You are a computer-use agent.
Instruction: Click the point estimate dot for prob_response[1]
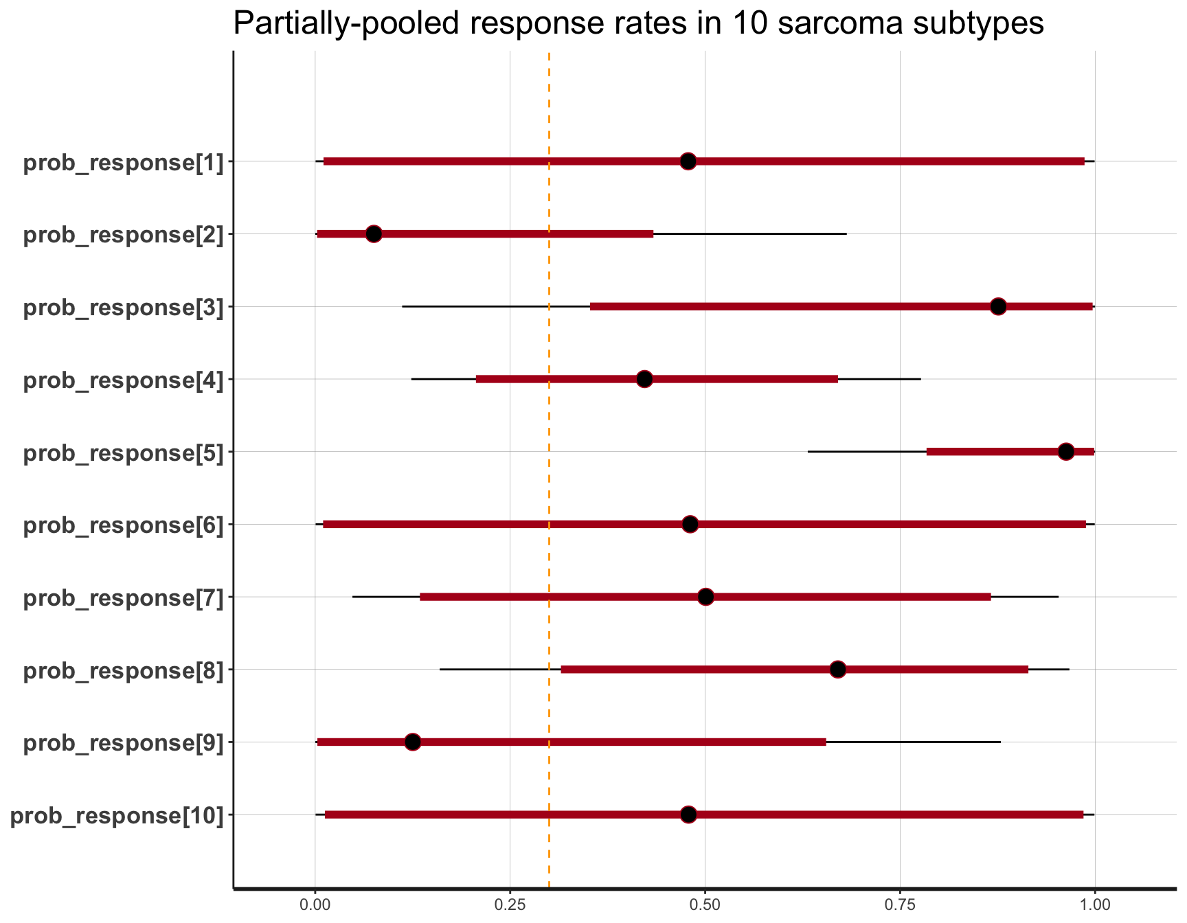(688, 161)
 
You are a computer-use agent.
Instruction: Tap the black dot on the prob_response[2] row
(374, 234)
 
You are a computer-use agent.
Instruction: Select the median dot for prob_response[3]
(998, 306)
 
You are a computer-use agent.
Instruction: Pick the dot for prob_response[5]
(1066, 452)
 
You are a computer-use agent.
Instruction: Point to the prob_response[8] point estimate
(837, 670)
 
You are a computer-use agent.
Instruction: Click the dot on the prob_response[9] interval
(412, 742)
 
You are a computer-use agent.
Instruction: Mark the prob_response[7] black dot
(705, 597)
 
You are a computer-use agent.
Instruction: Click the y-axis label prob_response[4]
(124, 380)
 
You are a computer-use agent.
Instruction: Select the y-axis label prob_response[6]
(124, 525)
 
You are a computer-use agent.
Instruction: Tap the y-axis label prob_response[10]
(117, 816)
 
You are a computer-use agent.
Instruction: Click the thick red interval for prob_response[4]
(550, 379)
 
